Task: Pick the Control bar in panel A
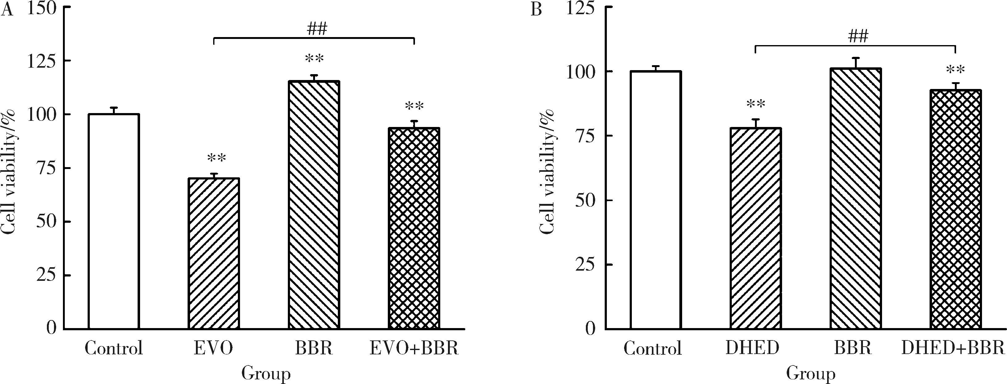pyautogui.click(x=114, y=221)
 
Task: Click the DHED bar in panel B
pyautogui.click(x=756, y=228)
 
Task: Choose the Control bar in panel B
pyautogui.click(x=656, y=200)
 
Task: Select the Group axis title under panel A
pyautogui.click(x=266, y=373)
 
